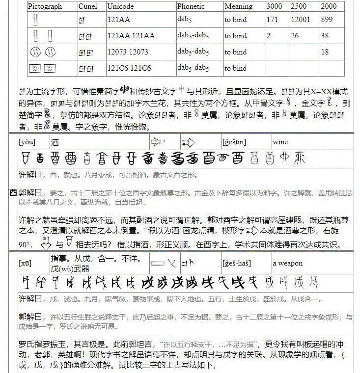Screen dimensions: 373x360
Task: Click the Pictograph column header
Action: pos(45,7)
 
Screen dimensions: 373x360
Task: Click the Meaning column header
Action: pos(238,7)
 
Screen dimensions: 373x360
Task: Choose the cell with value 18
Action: pos(325,52)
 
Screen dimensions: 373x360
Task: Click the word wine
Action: pos(280,142)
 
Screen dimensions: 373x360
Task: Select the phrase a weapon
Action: pos(288,264)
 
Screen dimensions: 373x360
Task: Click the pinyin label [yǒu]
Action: pos(27,142)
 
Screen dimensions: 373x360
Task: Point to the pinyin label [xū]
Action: pos(26,264)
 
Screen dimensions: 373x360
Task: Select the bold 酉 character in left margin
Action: pos(13,193)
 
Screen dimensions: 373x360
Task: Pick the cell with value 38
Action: pos(325,36)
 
